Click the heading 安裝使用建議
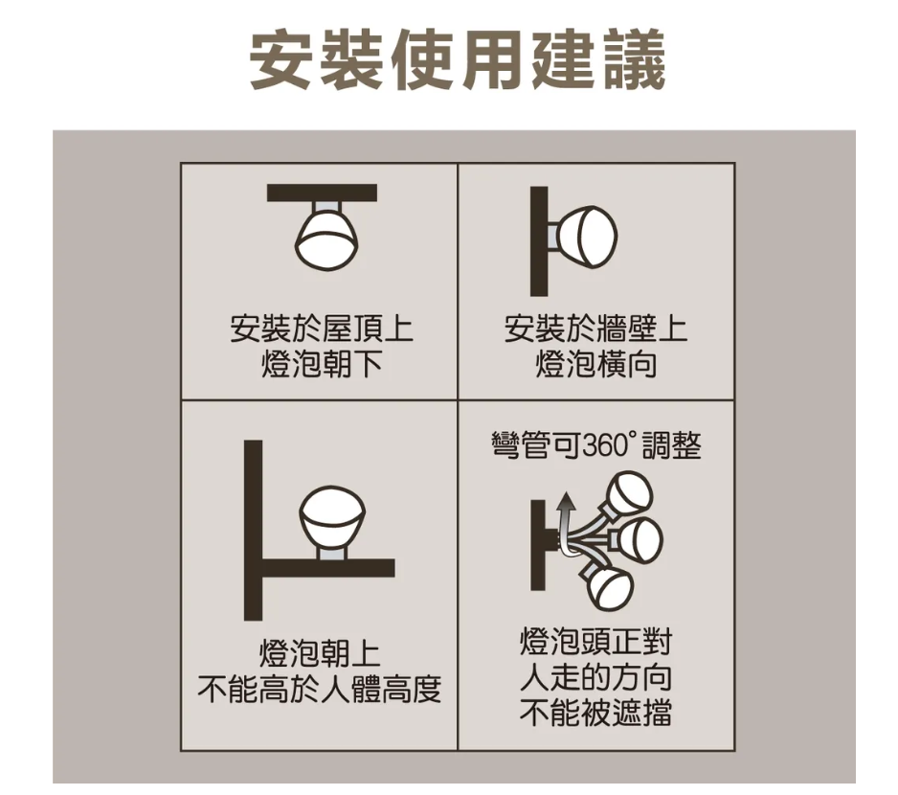[458, 60]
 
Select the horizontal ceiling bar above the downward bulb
[322, 193]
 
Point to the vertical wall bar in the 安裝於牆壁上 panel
[539, 241]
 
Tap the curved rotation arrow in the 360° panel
[566, 524]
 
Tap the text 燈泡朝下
[322, 365]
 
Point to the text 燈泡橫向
[595, 365]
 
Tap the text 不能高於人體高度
[320, 689]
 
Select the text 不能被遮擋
[595, 713]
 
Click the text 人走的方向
[595, 677]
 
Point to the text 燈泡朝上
[320, 653]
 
